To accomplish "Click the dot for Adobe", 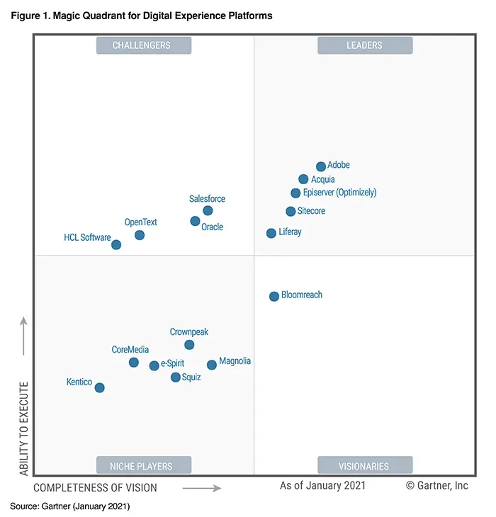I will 321,166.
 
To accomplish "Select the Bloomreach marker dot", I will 274,296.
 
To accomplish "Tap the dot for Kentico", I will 100,387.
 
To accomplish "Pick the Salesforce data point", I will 208,210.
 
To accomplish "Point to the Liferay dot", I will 271,233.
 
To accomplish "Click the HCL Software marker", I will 116,244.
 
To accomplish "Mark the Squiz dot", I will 176,377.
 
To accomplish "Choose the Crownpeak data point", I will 189,345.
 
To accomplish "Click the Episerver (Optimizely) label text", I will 339,193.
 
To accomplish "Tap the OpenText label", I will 140,222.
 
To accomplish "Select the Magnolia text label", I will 235,361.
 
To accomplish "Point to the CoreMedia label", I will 130,350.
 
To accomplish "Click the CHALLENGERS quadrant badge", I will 142,45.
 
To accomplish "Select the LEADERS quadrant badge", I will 364,45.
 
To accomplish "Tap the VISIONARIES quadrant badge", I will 364,465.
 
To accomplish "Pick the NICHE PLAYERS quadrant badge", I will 142,465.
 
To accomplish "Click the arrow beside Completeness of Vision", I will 202,487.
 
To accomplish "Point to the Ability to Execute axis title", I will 24,428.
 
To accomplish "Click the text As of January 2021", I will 322,486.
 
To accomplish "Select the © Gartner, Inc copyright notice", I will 436,486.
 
